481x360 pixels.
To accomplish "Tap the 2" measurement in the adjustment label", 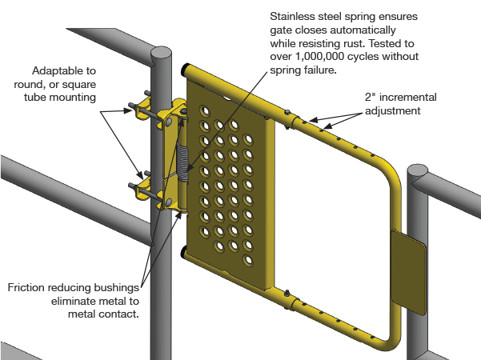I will pyautogui.click(x=371, y=97).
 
